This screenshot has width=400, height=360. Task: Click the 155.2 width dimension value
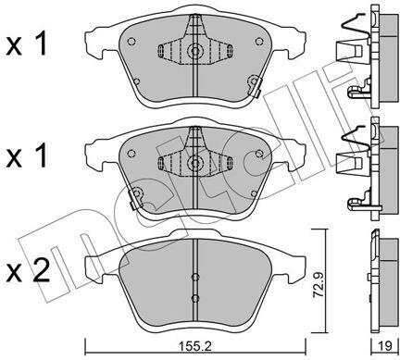coord(195,347)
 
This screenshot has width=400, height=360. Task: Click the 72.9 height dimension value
coord(319,285)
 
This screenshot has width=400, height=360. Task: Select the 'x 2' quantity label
coord(28,270)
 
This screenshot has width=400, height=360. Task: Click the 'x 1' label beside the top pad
coord(27,44)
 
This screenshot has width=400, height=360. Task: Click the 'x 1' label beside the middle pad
coord(27,155)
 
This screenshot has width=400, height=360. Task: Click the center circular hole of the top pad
coord(195,51)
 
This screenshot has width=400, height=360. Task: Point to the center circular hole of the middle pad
coord(195,163)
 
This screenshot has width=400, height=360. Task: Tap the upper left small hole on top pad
coord(131,41)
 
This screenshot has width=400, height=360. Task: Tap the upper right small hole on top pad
coord(259,41)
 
